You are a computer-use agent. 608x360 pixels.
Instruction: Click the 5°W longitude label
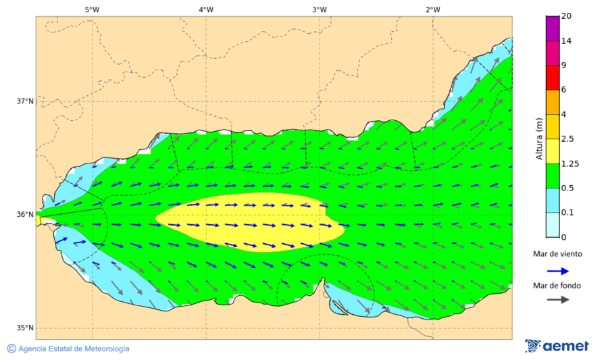coord(92,9)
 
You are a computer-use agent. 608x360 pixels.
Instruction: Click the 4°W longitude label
coord(206,9)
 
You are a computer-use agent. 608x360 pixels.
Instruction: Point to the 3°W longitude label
coord(320,9)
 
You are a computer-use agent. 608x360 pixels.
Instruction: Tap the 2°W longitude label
coord(433,9)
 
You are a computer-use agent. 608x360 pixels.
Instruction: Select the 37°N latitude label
coord(25,101)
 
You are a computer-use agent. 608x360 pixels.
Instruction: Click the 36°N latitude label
coord(25,215)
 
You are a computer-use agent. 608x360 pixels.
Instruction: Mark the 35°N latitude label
coord(25,328)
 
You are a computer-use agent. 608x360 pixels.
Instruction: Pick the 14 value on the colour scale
coord(567,41)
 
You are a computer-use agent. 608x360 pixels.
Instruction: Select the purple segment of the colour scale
coord(553,28)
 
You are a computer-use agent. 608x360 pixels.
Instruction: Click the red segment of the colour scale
coord(553,78)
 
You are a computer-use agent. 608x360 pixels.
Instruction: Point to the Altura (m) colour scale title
coord(539,138)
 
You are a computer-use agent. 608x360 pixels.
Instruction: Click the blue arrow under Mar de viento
coord(557,270)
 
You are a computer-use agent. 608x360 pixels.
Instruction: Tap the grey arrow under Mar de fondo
coord(557,300)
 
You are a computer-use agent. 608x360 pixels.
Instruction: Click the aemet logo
coord(557,346)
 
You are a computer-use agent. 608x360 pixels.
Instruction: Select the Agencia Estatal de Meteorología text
coord(74,349)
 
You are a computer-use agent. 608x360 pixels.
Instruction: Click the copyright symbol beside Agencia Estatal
coord(11,349)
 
